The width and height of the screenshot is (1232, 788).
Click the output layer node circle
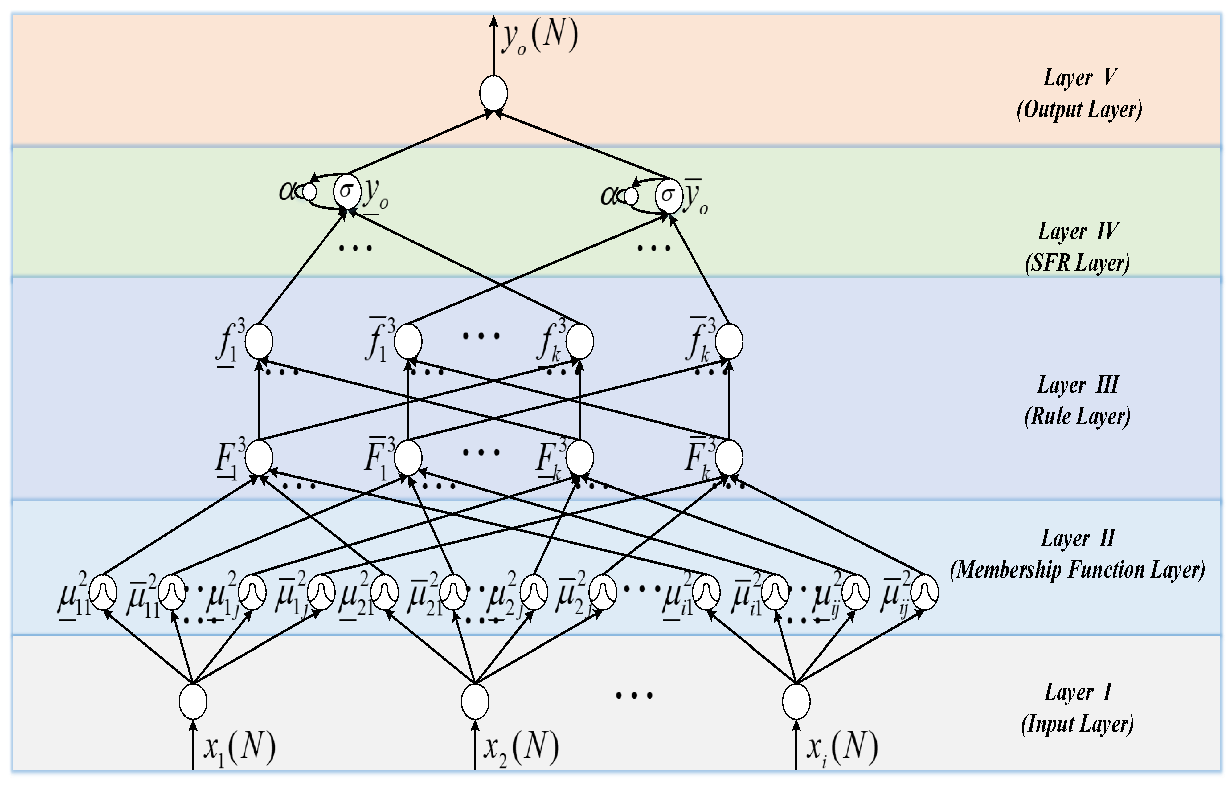point(493,93)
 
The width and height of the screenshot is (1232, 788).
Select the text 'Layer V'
point(1079,78)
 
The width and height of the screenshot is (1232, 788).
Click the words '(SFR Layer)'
point(1078,263)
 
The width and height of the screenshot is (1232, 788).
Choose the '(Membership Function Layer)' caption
point(1078,570)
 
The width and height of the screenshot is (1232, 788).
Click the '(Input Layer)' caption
point(1078,724)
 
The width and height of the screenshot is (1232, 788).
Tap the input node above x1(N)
point(193,701)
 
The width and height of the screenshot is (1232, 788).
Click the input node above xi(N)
point(796,701)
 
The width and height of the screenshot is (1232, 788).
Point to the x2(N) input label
point(521,748)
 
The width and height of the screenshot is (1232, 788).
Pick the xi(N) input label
point(842,748)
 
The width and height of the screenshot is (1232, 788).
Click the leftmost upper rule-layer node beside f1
point(258,341)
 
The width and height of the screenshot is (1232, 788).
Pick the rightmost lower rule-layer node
point(729,457)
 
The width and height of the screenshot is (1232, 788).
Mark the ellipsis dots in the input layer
point(634,695)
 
